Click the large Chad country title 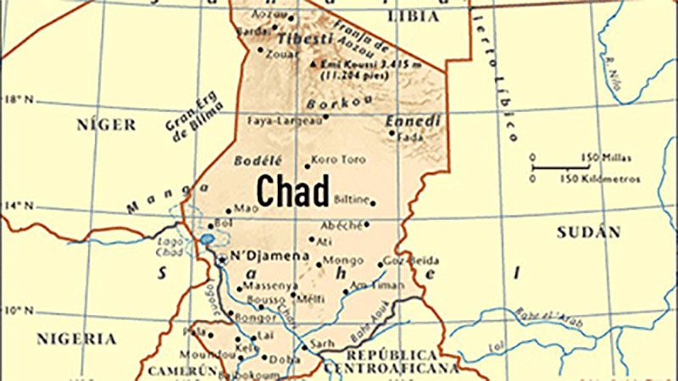click(292, 190)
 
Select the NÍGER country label click(106, 125)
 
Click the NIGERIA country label click(76, 339)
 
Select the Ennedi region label click(413, 122)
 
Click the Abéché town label click(341, 225)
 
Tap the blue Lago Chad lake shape click(207, 240)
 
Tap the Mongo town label click(343, 260)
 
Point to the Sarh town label click(322, 345)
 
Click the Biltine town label click(352, 200)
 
